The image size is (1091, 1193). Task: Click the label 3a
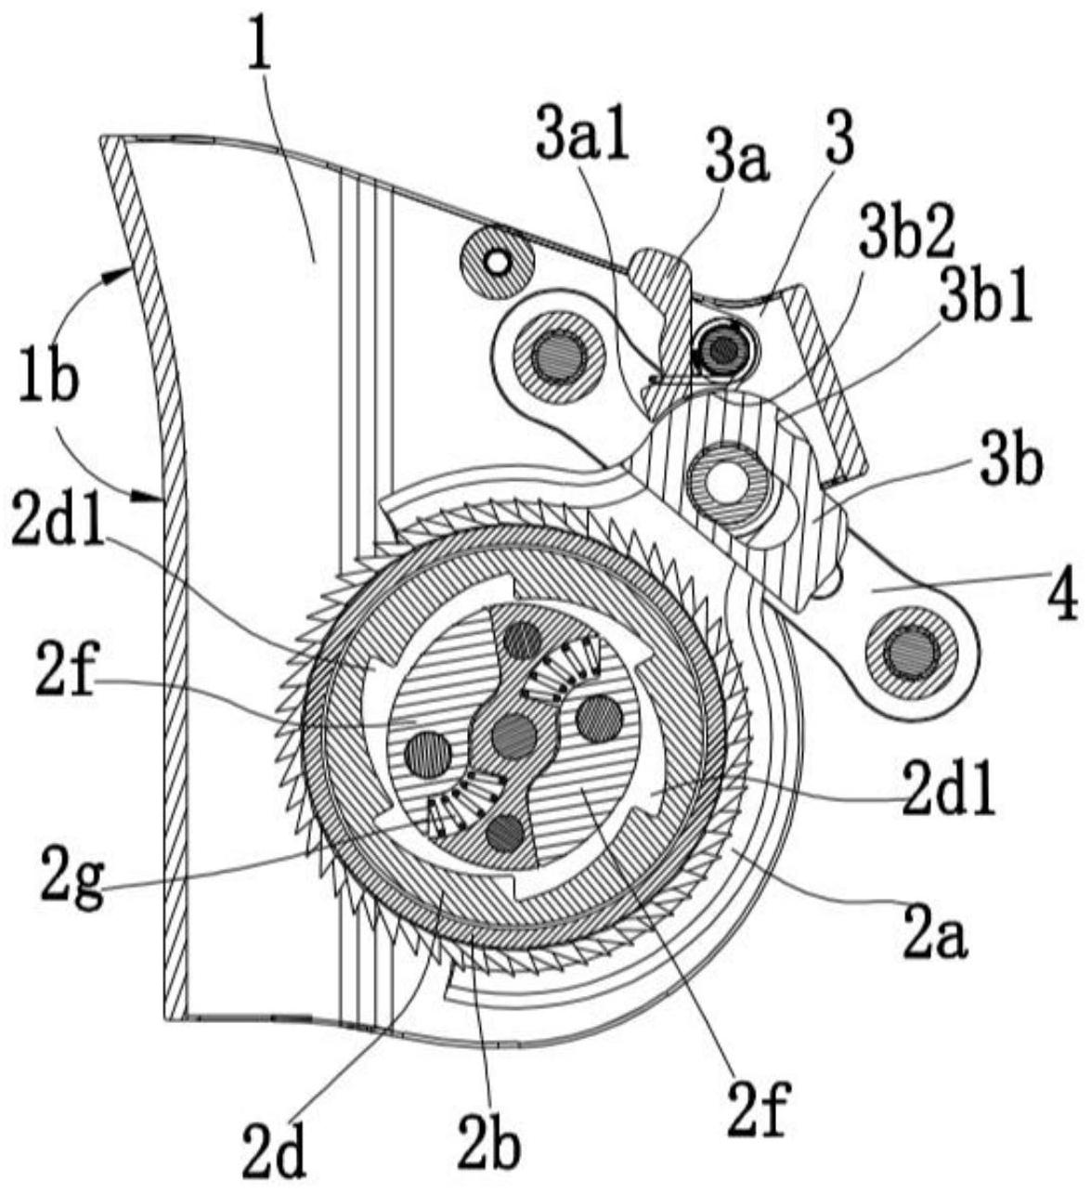coord(737,162)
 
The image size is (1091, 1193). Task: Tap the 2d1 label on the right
coord(948,795)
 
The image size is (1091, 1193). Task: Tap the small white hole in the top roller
coord(498,260)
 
